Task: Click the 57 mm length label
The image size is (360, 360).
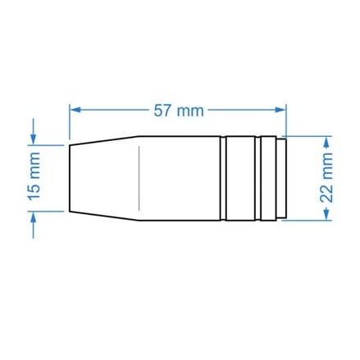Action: (x=179, y=111)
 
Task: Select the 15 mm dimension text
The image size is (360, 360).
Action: (x=34, y=176)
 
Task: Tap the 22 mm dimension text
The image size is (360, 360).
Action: (x=326, y=178)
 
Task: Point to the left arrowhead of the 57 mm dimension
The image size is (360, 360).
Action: (x=75, y=110)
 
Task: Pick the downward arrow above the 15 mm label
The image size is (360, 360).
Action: (x=34, y=131)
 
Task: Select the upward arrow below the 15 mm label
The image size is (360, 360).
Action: (x=34, y=226)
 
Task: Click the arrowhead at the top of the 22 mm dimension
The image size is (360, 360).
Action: (x=326, y=142)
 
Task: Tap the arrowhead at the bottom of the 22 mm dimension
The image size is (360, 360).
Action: (x=326, y=214)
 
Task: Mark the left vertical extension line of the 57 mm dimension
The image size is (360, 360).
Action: (x=69, y=122)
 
